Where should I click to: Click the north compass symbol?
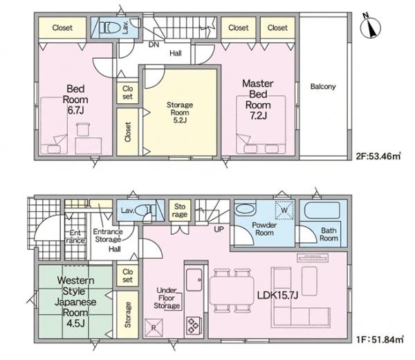[370, 26]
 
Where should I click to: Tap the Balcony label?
[323, 87]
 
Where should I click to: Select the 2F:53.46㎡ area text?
[378, 156]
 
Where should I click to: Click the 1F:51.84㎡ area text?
[380, 339]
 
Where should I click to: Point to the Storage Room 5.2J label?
[179, 112]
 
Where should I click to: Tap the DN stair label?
[154, 45]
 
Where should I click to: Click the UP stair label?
[219, 229]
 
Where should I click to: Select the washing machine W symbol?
[284, 210]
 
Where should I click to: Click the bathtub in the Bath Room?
[322, 210]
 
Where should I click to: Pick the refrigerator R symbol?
[154, 327]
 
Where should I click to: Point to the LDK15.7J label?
[278, 295]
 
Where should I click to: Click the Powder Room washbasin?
[246, 209]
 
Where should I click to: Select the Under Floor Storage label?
[167, 298]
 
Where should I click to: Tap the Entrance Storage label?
[108, 235]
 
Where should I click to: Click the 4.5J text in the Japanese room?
[75, 323]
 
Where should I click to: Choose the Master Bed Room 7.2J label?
[258, 99]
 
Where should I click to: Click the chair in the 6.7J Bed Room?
[83, 129]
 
